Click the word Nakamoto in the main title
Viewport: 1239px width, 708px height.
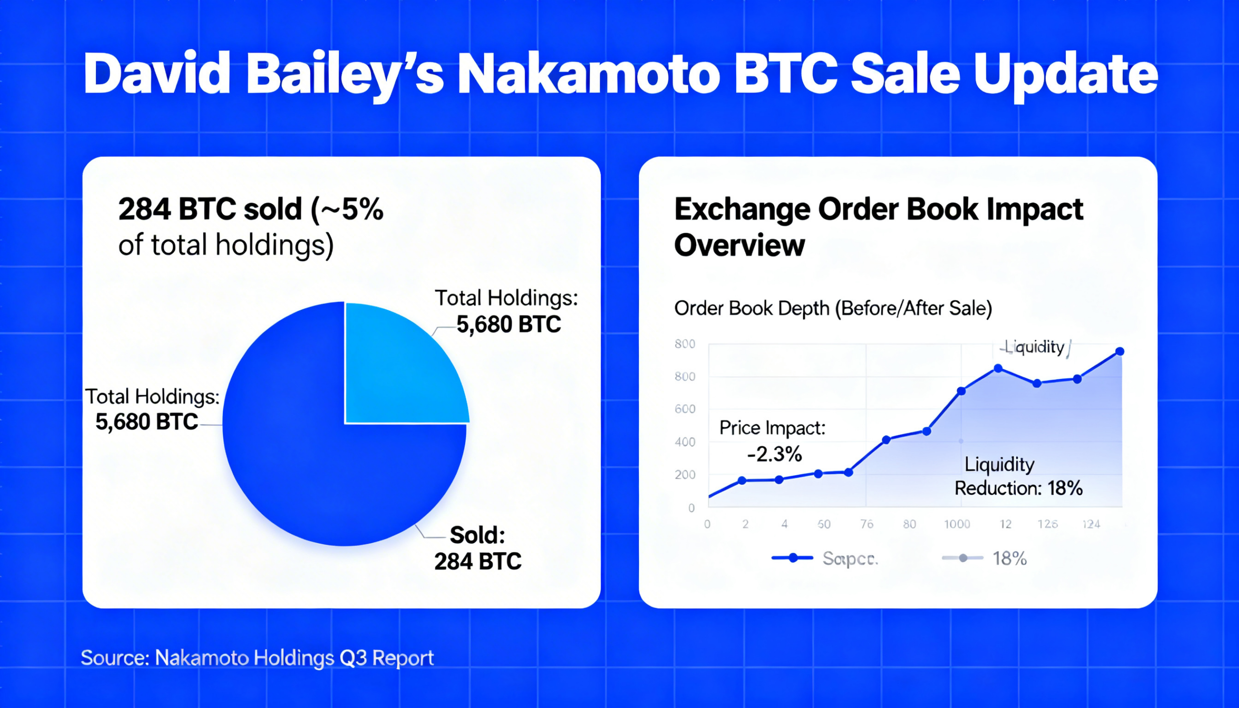[x=589, y=74]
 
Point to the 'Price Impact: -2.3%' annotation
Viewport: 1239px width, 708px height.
[x=772, y=440]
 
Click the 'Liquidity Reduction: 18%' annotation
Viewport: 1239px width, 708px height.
[x=1018, y=476]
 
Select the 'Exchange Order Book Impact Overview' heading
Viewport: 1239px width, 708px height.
[x=878, y=226]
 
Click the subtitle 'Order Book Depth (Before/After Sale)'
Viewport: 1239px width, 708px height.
[x=832, y=308]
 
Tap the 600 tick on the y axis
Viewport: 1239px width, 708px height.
[x=685, y=409]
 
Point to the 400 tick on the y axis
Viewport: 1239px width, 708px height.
[x=685, y=442]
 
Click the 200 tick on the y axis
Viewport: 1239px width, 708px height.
[x=685, y=475]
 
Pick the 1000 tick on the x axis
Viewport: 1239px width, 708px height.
[x=956, y=524]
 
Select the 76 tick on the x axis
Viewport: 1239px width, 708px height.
[x=866, y=524]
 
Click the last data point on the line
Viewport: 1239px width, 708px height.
[x=1119, y=351]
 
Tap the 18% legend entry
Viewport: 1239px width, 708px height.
[x=1009, y=559]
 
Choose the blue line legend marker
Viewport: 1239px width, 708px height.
[x=793, y=558]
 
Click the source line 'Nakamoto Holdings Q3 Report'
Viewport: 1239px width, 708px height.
[x=294, y=658]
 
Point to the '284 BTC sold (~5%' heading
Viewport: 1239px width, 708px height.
[x=251, y=209]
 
